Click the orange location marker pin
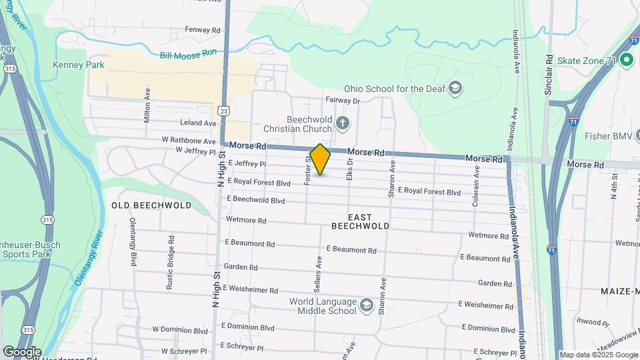point(321,159)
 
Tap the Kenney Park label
point(79,65)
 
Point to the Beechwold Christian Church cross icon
point(343,122)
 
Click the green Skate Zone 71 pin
point(626,61)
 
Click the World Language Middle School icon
point(365,305)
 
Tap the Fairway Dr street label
point(343,101)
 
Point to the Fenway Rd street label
point(203,31)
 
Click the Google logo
point(21,351)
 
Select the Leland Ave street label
point(198,123)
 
